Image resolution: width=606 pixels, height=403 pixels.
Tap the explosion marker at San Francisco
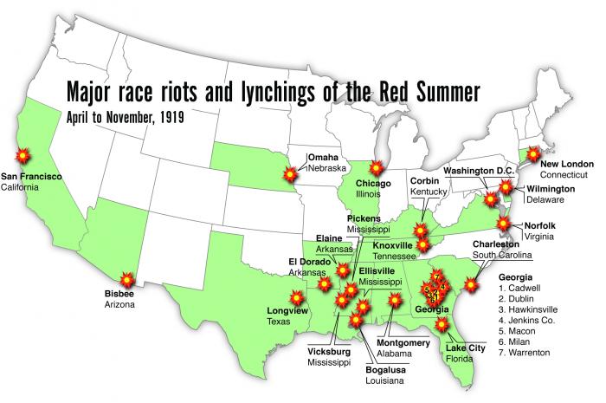23,156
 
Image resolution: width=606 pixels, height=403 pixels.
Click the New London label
567,162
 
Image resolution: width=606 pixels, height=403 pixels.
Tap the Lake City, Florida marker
442,325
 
